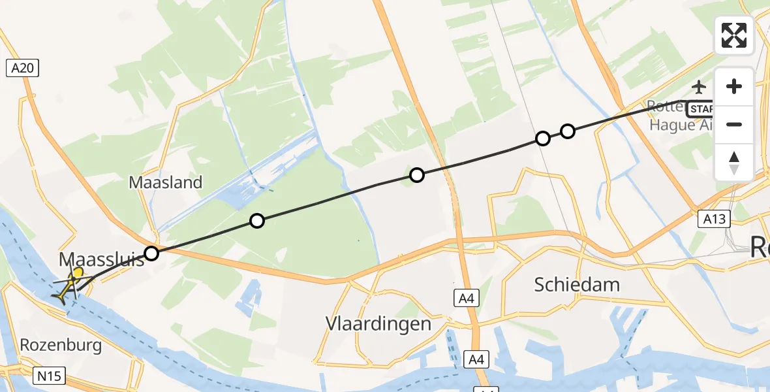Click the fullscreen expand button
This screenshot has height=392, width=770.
click(x=734, y=35)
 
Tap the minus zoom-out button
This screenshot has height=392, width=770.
click(x=734, y=124)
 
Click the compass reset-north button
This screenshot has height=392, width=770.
click(x=734, y=163)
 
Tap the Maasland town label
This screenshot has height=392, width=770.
click(x=166, y=182)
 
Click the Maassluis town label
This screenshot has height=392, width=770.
click(x=101, y=259)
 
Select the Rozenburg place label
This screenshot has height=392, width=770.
click(x=61, y=345)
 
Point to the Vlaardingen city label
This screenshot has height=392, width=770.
click(x=378, y=324)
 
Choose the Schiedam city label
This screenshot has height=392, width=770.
click(x=577, y=284)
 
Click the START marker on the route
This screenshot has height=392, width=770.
click(x=701, y=108)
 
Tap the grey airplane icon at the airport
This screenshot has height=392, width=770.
click(x=699, y=86)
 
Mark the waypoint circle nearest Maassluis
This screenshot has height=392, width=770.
click(x=151, y=253)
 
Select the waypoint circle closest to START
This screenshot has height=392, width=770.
click(x=568, y=131)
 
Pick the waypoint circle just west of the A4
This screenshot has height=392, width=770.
click(x=416, y=174)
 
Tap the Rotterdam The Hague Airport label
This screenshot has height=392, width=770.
click(x=679, y=115)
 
